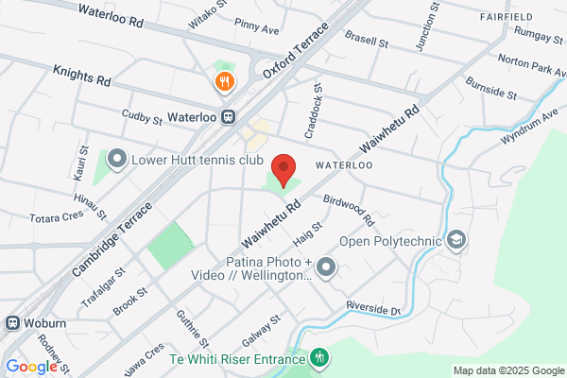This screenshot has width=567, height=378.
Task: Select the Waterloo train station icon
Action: pos(229,116)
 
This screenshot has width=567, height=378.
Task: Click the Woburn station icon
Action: pos(13,322)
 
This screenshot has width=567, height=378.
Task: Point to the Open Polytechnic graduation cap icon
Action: pos(457,239)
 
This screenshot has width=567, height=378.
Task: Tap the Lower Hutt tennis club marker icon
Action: pos(117,158)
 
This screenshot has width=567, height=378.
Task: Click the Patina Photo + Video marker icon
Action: pos(327,268)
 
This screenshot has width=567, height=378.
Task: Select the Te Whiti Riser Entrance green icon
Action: pos(320,358)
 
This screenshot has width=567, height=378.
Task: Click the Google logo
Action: pos(31,367)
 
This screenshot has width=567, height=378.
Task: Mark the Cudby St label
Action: pos(144,117)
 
